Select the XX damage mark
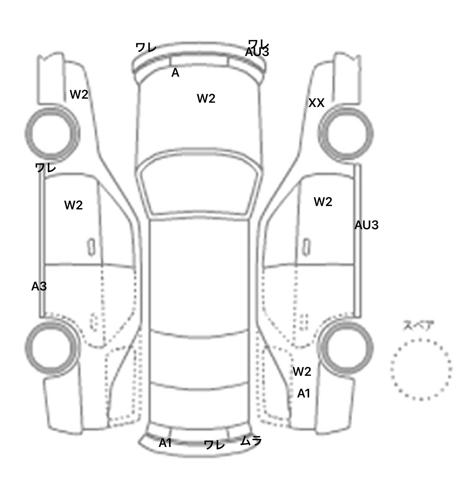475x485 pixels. pos(316,103)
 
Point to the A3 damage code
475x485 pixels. pos(39,286)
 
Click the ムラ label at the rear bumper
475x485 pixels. pos(251,440)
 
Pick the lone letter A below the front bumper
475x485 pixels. pos(175,73)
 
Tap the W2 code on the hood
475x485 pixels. pos(206,99)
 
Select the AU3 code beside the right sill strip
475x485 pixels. pos(366,225)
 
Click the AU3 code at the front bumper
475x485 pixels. pos(257,52)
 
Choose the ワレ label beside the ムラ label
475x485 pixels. pos(214,445)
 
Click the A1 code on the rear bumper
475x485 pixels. pos(165,443)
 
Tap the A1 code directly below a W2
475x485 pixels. pos(303,393)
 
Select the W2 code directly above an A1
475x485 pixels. pos(302,371)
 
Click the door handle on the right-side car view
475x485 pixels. pos(306,247)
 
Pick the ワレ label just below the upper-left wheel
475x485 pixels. pos(45,168)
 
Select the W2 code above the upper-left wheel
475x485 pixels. pos(79,94)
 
